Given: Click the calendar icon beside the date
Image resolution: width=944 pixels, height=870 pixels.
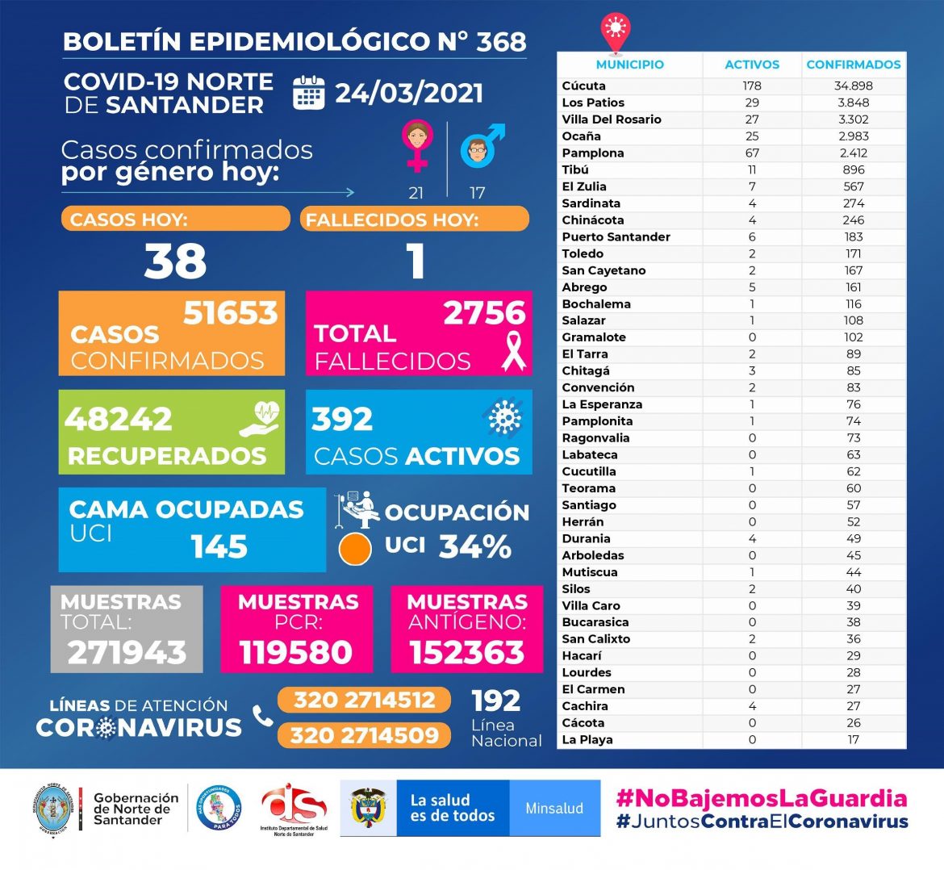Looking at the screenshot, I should [308, 93].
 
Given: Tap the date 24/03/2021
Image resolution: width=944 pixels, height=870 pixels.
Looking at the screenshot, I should [409, 94].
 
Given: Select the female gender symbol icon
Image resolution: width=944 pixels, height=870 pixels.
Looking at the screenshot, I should [417, 145].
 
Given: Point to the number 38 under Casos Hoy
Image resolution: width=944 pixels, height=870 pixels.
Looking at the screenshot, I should [175, 261].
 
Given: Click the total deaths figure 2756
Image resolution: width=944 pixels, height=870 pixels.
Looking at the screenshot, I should [484, 313].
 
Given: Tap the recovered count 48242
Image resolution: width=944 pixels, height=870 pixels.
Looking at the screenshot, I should [119, 420].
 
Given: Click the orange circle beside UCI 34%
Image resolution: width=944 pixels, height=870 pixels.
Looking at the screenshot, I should [355, 549].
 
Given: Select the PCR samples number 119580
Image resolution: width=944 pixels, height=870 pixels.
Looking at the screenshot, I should [296, 652].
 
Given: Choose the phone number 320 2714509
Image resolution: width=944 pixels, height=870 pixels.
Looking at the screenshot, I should [365, 735].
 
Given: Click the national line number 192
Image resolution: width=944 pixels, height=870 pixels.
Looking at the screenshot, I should [496, 701].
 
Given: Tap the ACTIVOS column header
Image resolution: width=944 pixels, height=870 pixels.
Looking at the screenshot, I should [752, 65].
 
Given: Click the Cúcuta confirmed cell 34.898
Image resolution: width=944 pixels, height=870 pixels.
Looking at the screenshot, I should [854, 86].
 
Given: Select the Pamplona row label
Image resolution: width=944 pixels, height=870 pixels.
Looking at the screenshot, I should [593, 153].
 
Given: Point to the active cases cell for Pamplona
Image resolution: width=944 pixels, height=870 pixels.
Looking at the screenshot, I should [752, 153].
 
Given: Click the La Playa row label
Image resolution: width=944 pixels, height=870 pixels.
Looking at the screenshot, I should [587, 739].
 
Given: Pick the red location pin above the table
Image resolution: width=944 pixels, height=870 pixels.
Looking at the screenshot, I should [615, 31].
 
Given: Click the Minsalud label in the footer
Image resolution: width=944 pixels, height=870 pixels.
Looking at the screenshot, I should [554, 808].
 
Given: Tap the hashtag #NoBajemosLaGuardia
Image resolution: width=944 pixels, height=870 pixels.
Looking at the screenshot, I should [762, 799].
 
